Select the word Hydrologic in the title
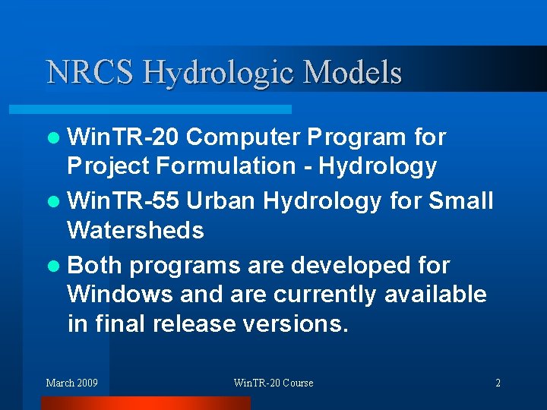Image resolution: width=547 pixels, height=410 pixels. [220, 73]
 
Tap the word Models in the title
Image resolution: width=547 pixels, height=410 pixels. [352, 72]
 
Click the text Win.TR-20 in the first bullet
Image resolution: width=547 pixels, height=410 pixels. [122, 137]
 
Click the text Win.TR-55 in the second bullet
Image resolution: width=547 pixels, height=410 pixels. [122, 201]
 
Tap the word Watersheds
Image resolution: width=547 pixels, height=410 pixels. [135, 230]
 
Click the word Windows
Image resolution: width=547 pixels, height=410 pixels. [117, 294]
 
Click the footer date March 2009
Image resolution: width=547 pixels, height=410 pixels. [71, 383]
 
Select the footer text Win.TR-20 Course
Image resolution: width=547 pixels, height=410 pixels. [273, 383]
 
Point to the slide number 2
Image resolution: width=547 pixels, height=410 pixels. [498, 383]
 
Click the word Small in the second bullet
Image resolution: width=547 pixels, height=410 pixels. [461, 201]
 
